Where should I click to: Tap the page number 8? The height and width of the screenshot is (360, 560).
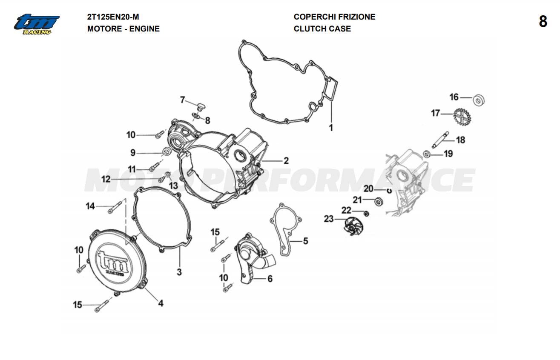tap(543, 21)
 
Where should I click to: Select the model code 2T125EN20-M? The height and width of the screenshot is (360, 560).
tap(113, 17)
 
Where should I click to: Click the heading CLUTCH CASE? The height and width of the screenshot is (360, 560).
tap(322, 29)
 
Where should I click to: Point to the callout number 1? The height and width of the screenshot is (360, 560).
tap(331, 127)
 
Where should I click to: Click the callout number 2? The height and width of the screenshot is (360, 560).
tap(286, 160)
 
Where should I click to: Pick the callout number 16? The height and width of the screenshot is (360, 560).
tap(454, 97)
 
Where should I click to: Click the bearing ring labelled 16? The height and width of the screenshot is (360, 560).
tap(480, 100)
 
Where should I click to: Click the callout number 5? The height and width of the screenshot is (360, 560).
tap(305, 241)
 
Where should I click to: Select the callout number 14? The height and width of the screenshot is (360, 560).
tap(90, 206)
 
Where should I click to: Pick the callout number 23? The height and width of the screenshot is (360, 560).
tap(329, 219)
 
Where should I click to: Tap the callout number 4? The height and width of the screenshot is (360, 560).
tap(161, 303)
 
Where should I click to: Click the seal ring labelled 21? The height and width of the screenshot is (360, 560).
tap(378, 200)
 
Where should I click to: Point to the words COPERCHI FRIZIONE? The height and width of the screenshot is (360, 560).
tap(334, 17)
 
